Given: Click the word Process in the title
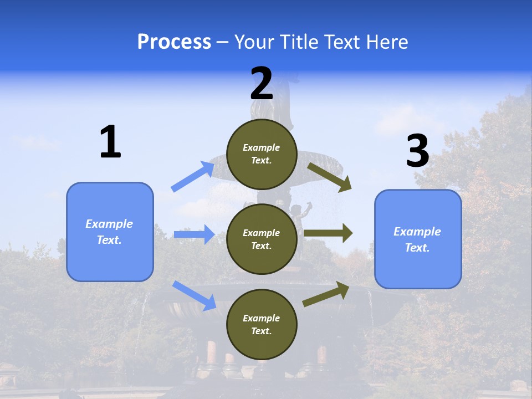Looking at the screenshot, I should [174, 42].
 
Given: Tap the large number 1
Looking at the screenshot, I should [110, 142].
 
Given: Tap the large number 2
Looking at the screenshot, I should [262, 84].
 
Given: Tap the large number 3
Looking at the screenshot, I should [417, 151].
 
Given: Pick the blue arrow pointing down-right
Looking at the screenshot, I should [195, 295].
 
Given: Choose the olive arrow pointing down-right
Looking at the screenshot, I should [330, 177].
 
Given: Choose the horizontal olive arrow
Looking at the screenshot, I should [328, 233].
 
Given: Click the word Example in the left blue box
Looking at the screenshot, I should [109, 224].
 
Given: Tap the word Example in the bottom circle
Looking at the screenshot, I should [262, 318].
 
